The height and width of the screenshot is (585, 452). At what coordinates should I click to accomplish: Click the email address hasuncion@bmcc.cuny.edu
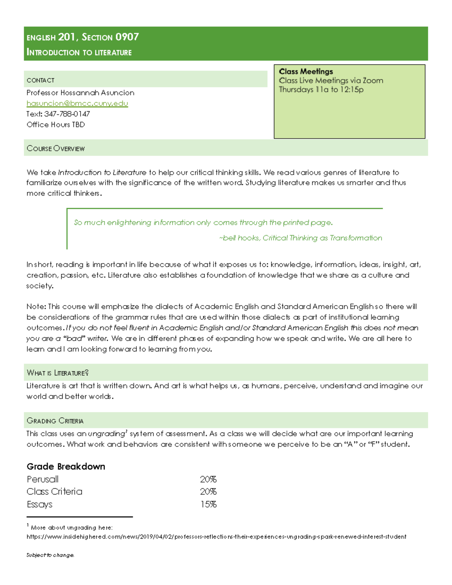[x=77, y=103]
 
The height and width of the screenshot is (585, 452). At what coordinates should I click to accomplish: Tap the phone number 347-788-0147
[x=67, y=114]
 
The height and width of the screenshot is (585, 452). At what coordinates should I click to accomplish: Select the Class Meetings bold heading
[x=306, y=71]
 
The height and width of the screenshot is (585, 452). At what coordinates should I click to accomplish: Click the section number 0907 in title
[x=127, y=37]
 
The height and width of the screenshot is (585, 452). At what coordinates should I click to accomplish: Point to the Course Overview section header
[x=56, y=148]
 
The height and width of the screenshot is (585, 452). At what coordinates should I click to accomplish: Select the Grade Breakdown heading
[x=66, y=466]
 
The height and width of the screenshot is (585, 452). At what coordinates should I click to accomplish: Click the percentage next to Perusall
[x=208, y=479]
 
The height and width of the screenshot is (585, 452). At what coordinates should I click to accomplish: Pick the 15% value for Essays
[x=208, y=504]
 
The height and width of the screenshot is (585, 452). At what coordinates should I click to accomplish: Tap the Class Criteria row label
[x=54, y=492]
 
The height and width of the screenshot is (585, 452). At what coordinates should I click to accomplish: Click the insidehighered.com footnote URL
[x=216, y=536]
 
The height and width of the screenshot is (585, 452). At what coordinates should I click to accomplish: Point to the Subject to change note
[x=50, y=555]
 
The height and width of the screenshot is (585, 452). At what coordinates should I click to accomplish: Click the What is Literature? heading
[x=58, y=373]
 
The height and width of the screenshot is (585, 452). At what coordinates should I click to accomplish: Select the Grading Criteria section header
[x=55, y=420]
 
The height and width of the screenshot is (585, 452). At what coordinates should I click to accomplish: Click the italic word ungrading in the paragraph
[x=106, y=434]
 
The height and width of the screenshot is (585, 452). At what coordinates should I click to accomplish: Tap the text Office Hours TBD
[x=56, y=124]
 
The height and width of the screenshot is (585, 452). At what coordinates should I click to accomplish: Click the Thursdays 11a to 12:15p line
[x=321, y=89]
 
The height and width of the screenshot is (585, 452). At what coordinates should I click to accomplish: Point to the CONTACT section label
[x=40, y=80]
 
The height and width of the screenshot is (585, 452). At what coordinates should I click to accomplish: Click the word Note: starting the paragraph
[x=36, y=306]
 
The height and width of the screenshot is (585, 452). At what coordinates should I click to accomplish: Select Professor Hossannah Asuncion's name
[x=80, y=93]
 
